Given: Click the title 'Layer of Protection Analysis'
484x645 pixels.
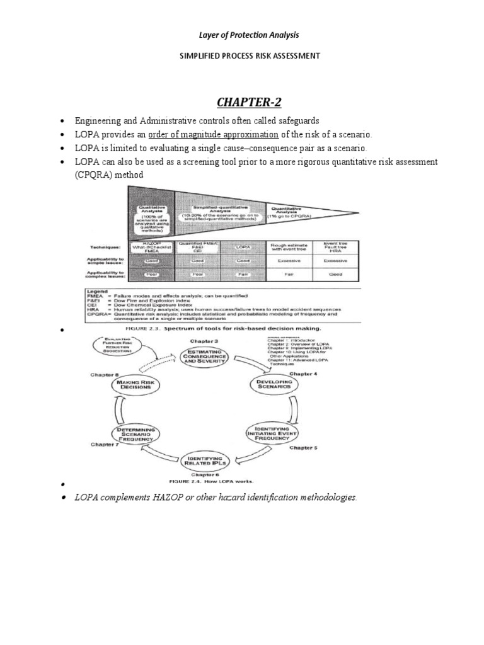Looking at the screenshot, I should click(242, 34).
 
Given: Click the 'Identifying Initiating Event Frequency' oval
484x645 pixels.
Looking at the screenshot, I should click(272, 433).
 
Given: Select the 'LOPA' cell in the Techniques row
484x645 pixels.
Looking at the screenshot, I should click(243, 248).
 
